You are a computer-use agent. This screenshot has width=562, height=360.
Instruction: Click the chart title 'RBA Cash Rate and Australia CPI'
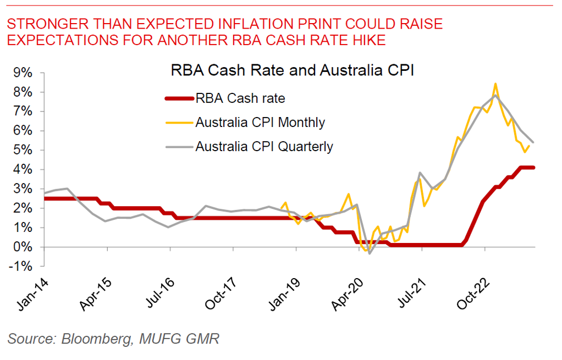pyautogui.click(x=292, y=71)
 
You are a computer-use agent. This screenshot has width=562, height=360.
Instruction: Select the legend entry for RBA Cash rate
pyautogui.click(x=240, y=98)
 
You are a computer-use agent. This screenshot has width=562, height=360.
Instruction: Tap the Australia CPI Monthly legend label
pyautogui.click(x=260, y=122)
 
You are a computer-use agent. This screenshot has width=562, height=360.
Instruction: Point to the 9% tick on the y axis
pyautogui.click(x=25, y=73)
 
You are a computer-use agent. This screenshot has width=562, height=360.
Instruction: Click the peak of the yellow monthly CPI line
pyautogui.click(x=495, y=84)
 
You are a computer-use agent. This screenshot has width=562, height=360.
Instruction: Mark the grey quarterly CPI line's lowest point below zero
pyautogui.click(x=370, y=253)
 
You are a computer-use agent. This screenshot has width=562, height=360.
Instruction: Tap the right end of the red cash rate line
pyautogui.click(x=533, y=168)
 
